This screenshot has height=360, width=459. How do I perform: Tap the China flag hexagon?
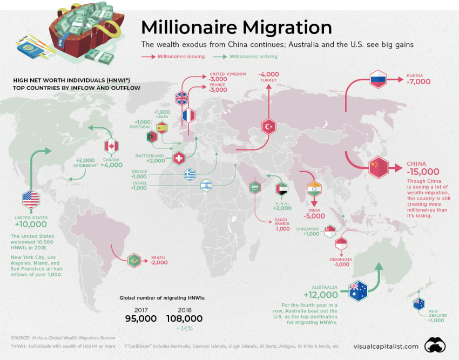click(x=377, y=168)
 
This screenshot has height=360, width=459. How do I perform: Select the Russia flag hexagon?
click(x=378, y=81)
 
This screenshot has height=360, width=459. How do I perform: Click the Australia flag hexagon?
click(x=357, y=290)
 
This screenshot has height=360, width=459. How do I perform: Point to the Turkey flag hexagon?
click(x=269, y=127)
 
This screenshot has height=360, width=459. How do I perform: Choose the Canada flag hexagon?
click(x=111, y=146)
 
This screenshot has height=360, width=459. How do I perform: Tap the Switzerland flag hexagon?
click(x=179, y=158)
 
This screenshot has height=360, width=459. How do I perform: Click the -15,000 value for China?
click(x=424, y=172)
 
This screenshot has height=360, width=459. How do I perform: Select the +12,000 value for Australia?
click(x=321, y=295)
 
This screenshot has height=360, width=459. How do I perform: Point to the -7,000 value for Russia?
click(x=418, y=81)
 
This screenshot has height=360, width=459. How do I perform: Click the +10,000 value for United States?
click(x=31, y=224)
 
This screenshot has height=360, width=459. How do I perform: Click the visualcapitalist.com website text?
click(x=386, y=346)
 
